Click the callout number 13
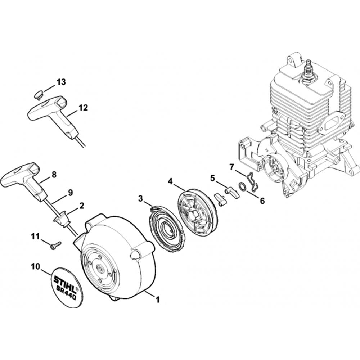pyautogui.click(x=61, y=82)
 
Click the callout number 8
pyautogui.click(x=54, y=175)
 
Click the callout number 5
pyautogui.click(x=212, y=178)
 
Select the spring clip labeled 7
pyautogui.click(x=253, y=182)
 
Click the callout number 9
pyautogui.click(x=70, y=193)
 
